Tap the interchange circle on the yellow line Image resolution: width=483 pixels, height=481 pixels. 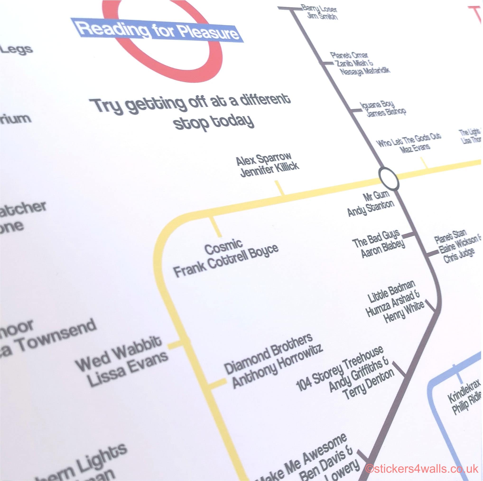pyautogui.click(x=388, y=178)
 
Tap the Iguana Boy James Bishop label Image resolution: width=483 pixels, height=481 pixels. pyautogui.click(x=382, y=109)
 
